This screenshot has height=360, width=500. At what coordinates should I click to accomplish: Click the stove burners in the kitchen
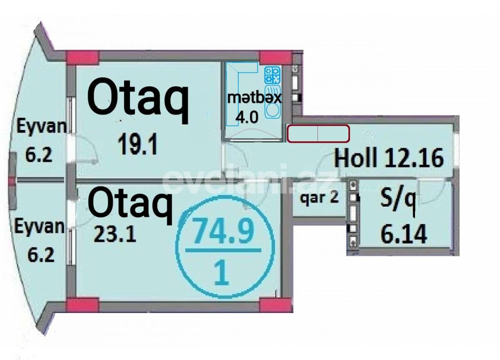(x=273, y=75)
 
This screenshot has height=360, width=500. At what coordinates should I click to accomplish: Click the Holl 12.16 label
(x=389, y=158)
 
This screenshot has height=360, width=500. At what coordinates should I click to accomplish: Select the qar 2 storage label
(x=319, y=198)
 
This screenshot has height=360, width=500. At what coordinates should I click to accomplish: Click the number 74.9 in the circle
(x=223, y=233)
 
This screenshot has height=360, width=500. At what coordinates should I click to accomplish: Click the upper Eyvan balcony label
(x=41, y=127)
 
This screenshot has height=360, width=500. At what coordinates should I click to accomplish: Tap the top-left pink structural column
(x=83, y=57)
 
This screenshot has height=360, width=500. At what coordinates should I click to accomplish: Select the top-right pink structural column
(x=275, y=57)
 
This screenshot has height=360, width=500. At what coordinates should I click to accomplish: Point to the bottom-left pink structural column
(x=83, y=305)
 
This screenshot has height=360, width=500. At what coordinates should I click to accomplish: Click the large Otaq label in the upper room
(x=138, y=100)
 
